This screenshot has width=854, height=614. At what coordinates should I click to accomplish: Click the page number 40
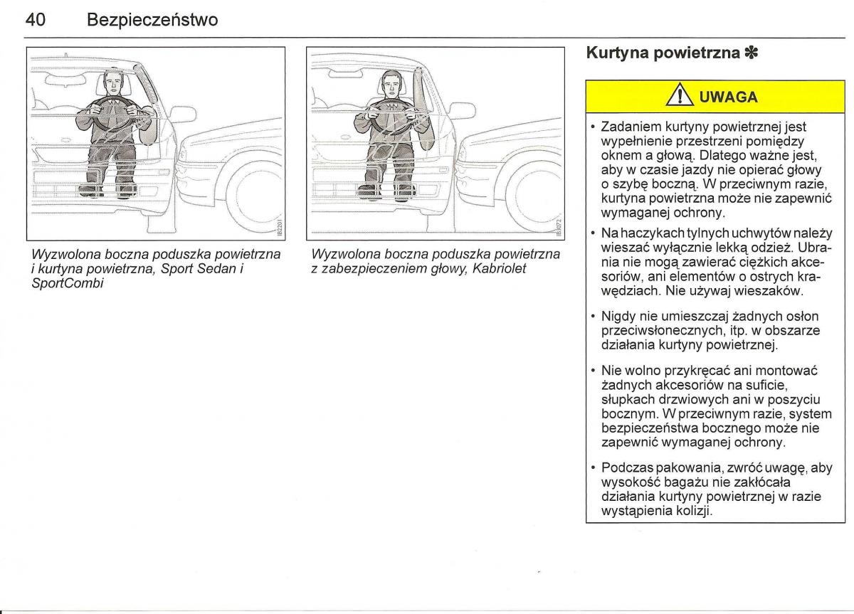(36, 20)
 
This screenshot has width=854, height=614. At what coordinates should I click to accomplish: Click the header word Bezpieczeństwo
(152, 20)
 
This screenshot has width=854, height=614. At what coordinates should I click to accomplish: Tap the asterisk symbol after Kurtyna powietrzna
(752, 53)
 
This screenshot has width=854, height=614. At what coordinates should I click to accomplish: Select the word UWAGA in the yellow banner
(729, 97)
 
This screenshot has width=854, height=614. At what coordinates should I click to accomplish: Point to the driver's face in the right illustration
(392, 86)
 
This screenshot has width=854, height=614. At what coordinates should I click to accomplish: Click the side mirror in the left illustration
(183, 114)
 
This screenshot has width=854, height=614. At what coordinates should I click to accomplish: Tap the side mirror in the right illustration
(462, 110)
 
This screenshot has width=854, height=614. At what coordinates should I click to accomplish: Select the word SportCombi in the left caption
(68, 283)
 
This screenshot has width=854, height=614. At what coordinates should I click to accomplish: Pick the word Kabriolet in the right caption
(499, 269)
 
